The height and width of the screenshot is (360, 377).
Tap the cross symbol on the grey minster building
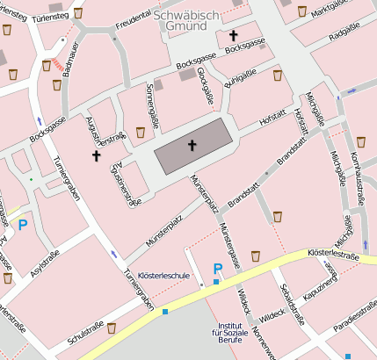[x=192, y=145]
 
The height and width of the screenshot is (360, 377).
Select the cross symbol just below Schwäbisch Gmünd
[x=234, y=36]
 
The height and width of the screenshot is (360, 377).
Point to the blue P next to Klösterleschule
[x=217, y=269]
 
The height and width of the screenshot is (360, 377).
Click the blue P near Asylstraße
[x=23, y=225]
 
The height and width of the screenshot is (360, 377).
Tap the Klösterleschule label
[x=164, y=277]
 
